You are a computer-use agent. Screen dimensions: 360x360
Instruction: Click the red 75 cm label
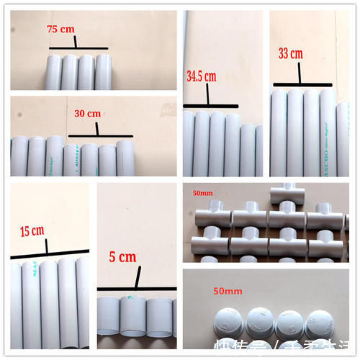tap(60, 30)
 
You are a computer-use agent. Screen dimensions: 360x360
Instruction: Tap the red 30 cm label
tap(88, 114)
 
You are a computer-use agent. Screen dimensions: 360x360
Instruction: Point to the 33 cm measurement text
tap(292, 53)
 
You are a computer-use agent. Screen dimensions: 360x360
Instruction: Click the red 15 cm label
tap(32, 230)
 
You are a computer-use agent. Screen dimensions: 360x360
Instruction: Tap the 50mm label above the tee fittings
tap(203, 193)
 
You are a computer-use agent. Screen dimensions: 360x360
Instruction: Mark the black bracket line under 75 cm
tap(78, 48)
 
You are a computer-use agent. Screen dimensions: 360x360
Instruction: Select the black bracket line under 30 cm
tap(100, 135)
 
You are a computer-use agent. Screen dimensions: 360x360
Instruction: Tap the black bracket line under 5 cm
tap(136, 289)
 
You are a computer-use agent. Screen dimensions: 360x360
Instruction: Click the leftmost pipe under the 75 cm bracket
tap(53, 73)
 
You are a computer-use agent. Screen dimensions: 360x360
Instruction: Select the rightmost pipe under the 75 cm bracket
tap(104, 73)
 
